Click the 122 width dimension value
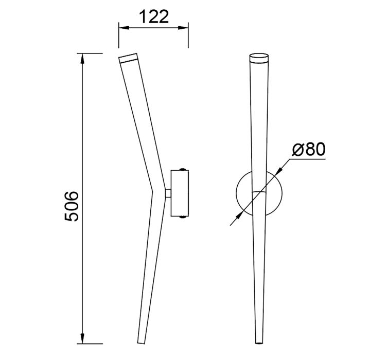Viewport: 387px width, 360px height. pyautogui.click(x=154, y=17)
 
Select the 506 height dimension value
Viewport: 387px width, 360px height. pyautogui.click(x=72, y=206)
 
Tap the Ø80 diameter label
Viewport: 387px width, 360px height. pyautogui.click(x=309, y=149)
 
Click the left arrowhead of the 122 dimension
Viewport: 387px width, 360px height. pyautogui.click(x=124, y=28)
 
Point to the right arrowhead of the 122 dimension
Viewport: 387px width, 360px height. pyautogui.click(x=183, y=28)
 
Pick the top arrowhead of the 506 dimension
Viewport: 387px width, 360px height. pyautogui.click(x=82, y=59)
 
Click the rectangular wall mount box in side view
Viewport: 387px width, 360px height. pyautogui.click(x=180, y=193)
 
